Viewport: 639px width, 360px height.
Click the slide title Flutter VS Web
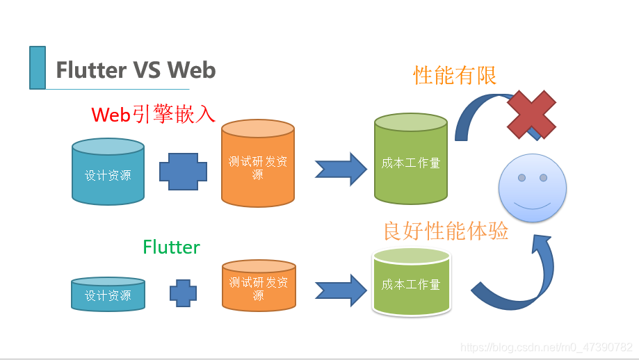click(136, 70)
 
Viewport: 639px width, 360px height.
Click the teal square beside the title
click(38, 67)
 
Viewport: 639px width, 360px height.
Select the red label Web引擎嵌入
click(154, 114)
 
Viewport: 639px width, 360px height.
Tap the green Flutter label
click(171, 247)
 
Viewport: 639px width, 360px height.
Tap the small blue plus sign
click(184, 293)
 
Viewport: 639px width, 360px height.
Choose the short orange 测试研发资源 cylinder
click(259, 286)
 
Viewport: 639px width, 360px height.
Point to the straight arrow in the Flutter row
click(341, 291)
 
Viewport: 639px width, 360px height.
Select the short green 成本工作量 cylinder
click(410, 283)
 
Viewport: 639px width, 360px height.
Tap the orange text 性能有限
click(455, 75)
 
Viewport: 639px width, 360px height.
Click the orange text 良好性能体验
click(446, 231)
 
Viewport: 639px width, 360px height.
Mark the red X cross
click(531, 114)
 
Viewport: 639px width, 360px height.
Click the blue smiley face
click(533, 188)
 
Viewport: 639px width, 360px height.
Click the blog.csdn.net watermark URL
click(547, 347)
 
